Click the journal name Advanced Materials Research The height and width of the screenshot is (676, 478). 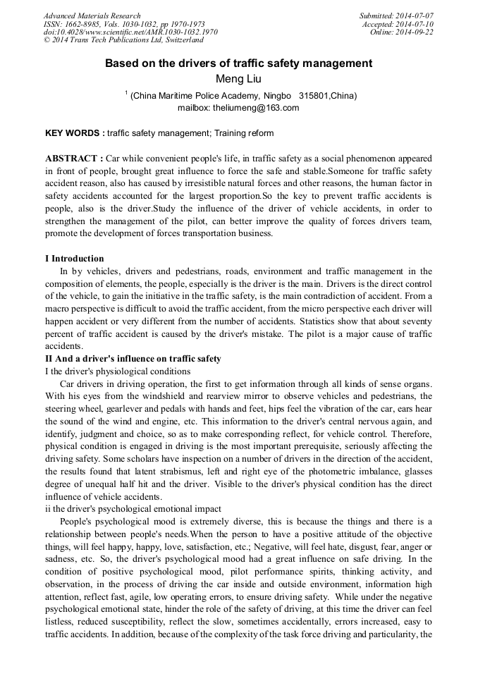pyautogui.click(x=92, y=16)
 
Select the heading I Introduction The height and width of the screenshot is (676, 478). pyautogui.click(x=74, y=259)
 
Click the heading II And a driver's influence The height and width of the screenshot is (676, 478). pyautogui.click(x=133, y=359)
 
